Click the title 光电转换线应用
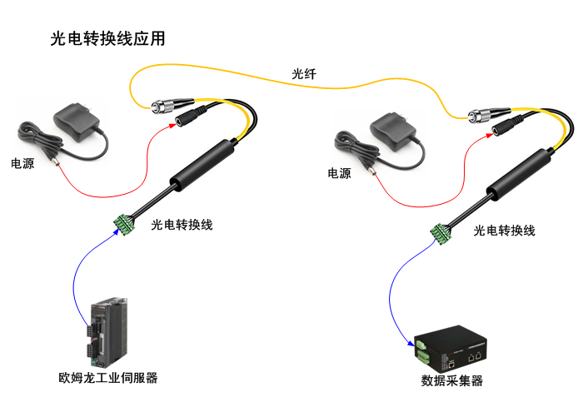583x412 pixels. pos(107,38)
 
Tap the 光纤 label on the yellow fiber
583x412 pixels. pos(303,74)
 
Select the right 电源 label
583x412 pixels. pos(339,174)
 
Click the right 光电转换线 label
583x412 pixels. pos(504,230)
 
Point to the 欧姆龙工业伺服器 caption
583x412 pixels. pos(107,378)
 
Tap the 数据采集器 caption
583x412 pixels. pos(452,381)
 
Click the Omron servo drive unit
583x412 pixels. pos(107,333)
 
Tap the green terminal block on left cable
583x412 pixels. pos(125,223)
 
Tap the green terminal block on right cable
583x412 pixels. pos(441,234)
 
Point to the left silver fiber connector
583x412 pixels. pos(163,105)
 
